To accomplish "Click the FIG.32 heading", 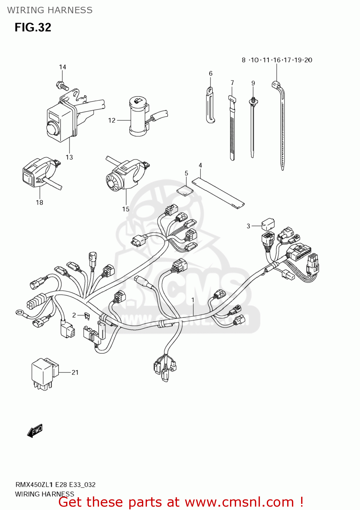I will pos(33,27).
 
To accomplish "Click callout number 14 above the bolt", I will pos(63,67).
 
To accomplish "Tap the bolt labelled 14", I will pos(62,85).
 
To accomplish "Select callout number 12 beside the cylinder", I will pos(112,120).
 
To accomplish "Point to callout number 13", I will pos(69,157).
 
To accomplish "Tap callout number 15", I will pos(126,209).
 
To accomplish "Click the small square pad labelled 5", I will pos(185,190).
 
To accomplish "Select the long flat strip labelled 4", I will pos(218,193).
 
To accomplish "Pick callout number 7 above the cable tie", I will pos(232,83).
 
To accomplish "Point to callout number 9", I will pos(253,83).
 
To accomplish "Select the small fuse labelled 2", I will pos(87,316).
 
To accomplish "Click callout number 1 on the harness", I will pos(193,300).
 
